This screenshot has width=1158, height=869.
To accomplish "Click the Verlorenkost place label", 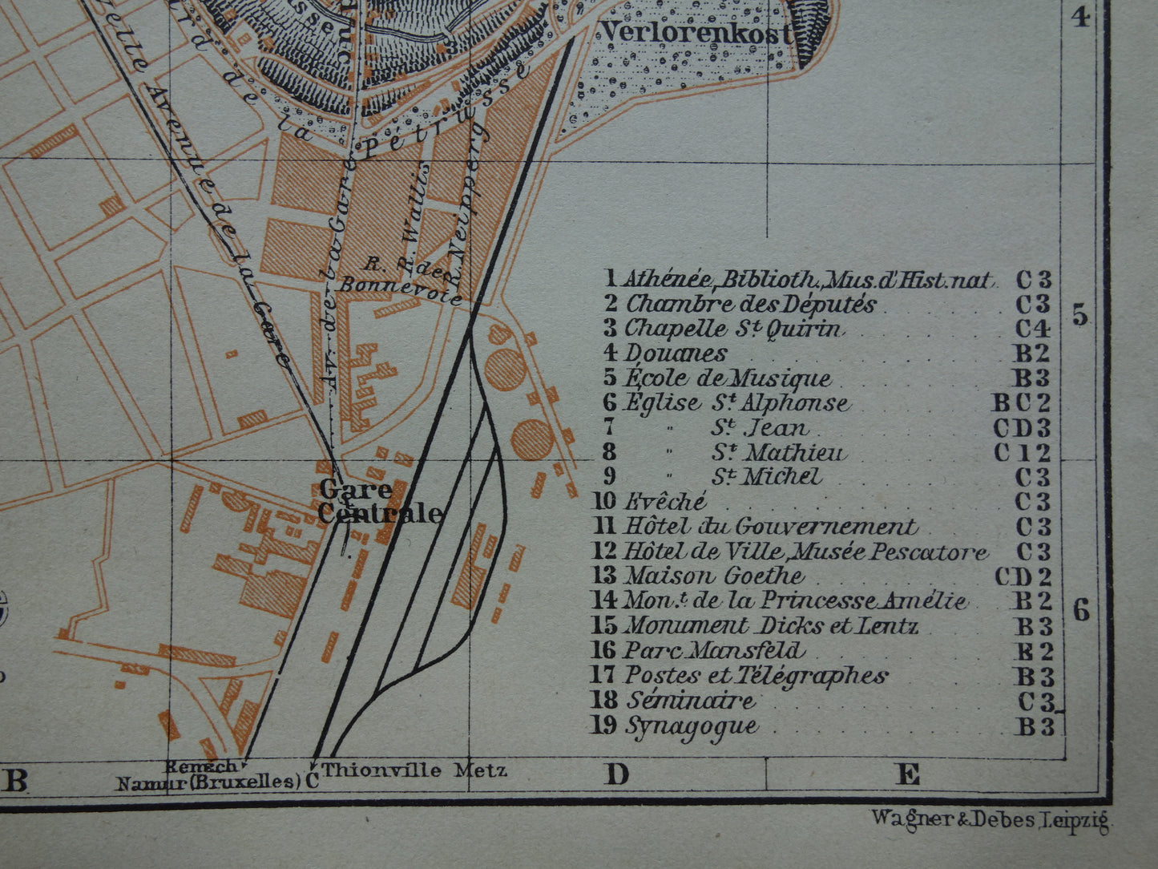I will point(696,33).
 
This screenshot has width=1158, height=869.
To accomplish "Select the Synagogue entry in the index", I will point(691,726).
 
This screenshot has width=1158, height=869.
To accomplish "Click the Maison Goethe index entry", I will point(714,576).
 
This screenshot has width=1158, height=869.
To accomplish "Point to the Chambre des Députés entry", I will point(751,305).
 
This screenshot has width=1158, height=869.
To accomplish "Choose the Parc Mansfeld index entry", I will point(714,650).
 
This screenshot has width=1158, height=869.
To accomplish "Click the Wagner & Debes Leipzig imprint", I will point(989,818).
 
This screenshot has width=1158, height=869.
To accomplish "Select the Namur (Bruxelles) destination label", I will point(208,782).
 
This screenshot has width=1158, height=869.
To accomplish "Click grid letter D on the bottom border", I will point(617,775).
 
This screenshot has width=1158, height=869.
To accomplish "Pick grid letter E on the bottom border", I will point(907,775).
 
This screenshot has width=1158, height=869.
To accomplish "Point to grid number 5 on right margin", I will point(1081,316).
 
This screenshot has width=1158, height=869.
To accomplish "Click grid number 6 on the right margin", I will point(1081,612).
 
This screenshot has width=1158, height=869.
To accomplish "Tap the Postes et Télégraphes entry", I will point(756,676).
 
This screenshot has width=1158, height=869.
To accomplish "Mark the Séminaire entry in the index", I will point(690,701).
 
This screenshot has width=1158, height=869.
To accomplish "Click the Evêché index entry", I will point(666,502).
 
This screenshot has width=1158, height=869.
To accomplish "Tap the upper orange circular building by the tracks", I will point(505,370).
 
